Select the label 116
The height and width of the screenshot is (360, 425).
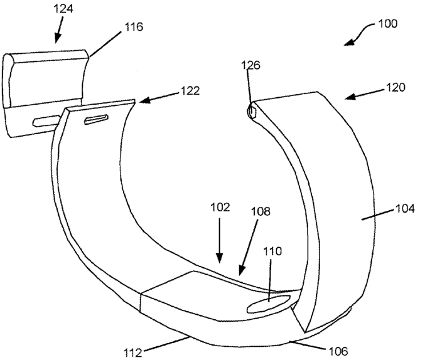pyautogui.click(x=134, y=27)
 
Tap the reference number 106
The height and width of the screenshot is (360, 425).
pyautogui.click(x=334, y=351)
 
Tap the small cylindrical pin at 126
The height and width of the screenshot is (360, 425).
pyautogui.click(x=252, y=112)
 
